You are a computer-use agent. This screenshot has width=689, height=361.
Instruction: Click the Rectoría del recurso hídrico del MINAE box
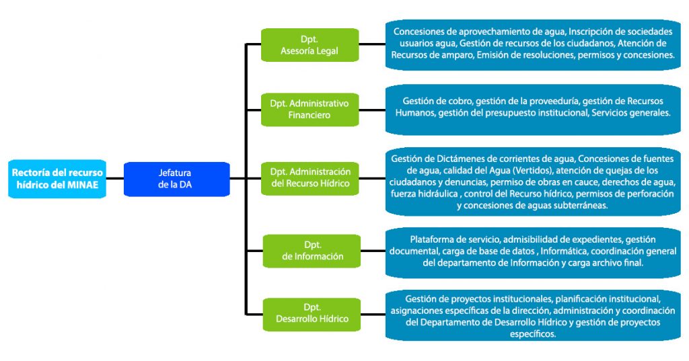(x=58, y=178)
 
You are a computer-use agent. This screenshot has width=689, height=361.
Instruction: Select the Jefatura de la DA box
(x=177, y=178)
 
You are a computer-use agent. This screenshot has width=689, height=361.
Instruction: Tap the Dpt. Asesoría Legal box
(x=310, y=45)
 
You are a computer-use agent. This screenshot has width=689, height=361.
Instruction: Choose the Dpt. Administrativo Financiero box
(x=310, y=110)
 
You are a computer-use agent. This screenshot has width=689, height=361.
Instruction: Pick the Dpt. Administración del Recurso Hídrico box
(x=310, y=178)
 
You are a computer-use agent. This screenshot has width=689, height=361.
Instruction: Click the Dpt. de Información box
(x=310, y=250)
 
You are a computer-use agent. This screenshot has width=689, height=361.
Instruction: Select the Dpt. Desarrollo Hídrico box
(x=310, y=313)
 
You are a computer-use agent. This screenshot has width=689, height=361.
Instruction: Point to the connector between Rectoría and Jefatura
(x=115, y=178)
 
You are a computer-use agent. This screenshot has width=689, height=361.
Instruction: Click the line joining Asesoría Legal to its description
(x=372, y=45)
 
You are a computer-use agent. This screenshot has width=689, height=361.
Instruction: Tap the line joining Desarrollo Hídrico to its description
(x=372, y=313)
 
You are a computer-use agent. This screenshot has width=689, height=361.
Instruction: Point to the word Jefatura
(x=177, y=172)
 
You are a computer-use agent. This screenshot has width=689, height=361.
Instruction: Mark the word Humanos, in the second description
(x=414, y=113)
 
